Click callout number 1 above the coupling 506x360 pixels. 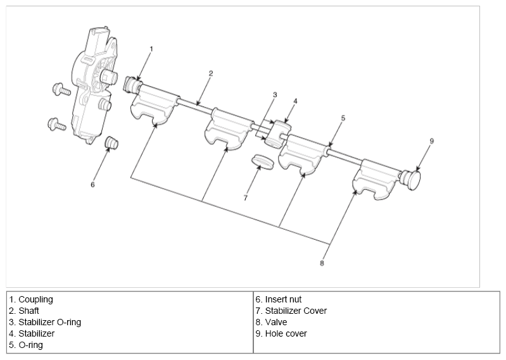(151, 48)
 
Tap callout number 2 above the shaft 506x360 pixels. (211, 73)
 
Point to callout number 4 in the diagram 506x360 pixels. (295, 101)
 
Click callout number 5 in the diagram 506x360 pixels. (343, 118)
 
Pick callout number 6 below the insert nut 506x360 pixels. (92, 185)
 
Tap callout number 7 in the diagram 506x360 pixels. (245, 197)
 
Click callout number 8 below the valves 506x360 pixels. (322, 263)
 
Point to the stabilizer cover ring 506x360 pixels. (263, 161)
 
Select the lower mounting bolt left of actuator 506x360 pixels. (57, 124)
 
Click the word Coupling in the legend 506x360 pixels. (35, 299)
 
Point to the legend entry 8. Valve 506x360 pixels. (274, 322)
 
